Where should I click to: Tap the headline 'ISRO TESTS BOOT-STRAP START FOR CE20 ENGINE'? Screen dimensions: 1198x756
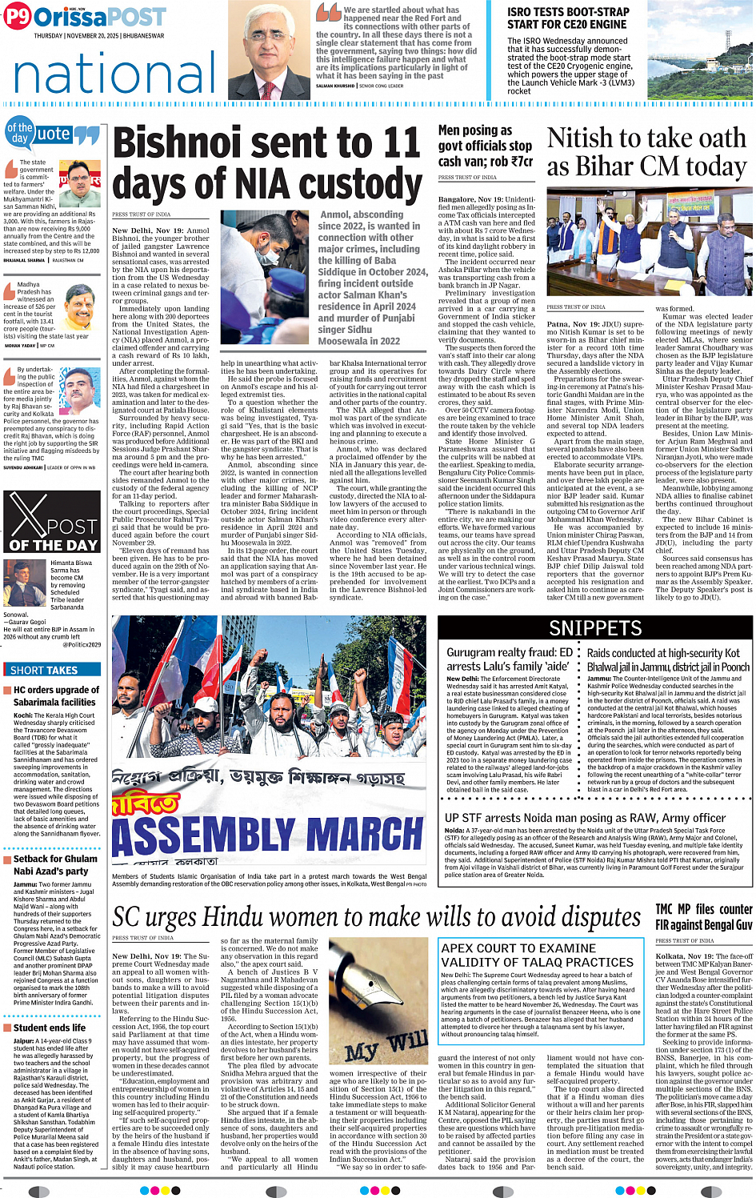click(x=568, y=18)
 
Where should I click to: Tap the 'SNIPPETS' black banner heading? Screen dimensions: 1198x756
click(x=595, y=627)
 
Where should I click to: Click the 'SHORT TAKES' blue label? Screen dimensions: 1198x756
click(x=45, y=671)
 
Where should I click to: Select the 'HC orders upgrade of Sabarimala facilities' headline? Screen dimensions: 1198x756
click(x=56, y=695)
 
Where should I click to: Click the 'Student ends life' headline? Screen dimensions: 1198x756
click(x=49, y=1028)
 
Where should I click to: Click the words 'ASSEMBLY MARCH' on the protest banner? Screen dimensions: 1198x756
click(x=269, y=836)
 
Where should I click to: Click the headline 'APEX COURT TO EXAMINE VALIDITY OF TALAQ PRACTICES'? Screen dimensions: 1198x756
click(x=537, y=955)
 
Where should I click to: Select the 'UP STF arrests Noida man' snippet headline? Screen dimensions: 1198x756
click(x=585, y=818)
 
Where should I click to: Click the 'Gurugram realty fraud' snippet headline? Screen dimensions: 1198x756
click(x=509, y=659)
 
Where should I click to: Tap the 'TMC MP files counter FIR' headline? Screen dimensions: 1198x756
click(x=703, y=917)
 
